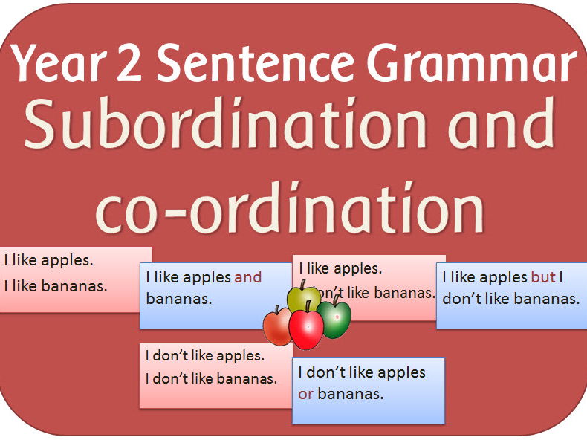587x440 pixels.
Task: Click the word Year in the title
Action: [58, 63]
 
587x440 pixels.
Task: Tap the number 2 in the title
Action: [129, 63]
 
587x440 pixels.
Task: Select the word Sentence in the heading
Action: [256, 63]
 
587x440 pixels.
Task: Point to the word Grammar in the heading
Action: [472, 63]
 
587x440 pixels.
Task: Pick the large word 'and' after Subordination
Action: [501, 123]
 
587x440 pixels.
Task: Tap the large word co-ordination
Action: [290, 207]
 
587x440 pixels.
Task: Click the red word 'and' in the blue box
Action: [247, 277]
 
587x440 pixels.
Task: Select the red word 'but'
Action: [543, 277]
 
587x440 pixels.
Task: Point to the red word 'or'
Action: [305, 395]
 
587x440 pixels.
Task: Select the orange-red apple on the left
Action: [277, 326]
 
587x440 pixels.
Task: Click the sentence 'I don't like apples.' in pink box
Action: [205, 356]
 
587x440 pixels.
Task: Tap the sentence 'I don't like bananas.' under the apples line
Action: [211, 378]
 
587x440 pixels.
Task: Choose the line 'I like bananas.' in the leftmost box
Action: [56, 286]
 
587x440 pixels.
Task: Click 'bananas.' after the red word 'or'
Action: [351, 394]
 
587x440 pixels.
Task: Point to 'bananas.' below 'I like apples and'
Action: [179, 299]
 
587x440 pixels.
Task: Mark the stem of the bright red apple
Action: [308, 306]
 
